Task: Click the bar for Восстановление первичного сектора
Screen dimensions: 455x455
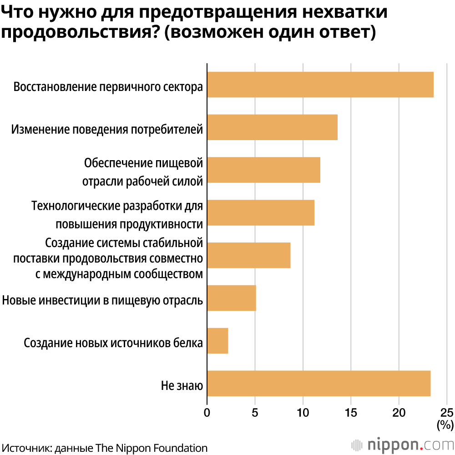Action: tap(320, 85)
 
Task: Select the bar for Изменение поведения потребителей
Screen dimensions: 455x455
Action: tap(272, 127)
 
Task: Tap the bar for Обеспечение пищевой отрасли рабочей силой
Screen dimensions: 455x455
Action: tap(263, 170)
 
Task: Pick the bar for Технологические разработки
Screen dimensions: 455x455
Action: tap(261, 212)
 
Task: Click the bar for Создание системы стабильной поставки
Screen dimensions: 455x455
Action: tap(248, 255)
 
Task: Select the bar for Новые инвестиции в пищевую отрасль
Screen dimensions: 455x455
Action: tap(232, 298)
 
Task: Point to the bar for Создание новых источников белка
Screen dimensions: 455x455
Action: tap(217, 341)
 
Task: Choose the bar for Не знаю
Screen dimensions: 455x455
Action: tap(318, 384)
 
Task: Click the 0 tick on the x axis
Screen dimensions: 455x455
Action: tap(207, 413)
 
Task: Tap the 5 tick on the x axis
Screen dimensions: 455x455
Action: tap(255, 413)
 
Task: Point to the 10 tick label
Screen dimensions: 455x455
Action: tap(303, 413)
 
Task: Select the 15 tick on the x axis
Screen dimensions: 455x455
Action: tap(351, 413)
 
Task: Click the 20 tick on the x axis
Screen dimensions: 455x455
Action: tap(399, 413)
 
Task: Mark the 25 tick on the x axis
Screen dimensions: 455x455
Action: tap(447, 413)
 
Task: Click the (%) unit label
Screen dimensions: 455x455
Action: tap(445, 425)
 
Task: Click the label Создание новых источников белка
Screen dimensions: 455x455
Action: tap(113, 343)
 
